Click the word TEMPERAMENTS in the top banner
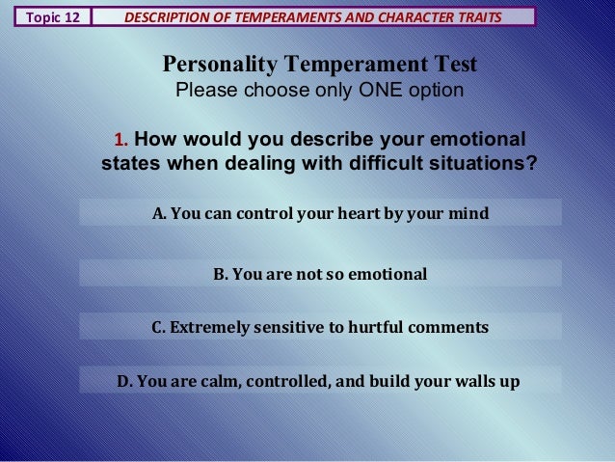(281, 16)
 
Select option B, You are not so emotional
(320, 275)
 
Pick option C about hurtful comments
(320, 328)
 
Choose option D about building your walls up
(320, 380)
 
